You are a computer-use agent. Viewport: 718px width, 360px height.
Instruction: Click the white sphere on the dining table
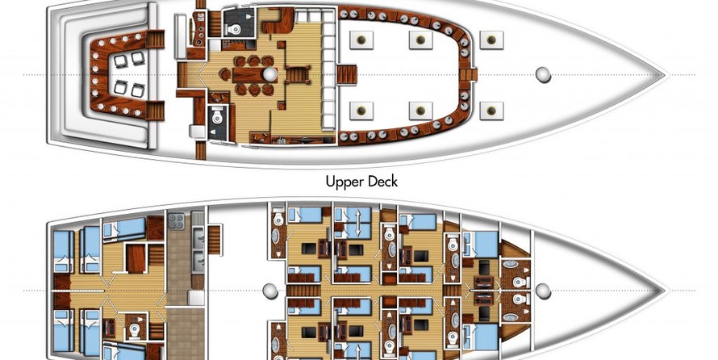[269, 74]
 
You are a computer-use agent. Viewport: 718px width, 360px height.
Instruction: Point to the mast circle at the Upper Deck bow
[543, 74]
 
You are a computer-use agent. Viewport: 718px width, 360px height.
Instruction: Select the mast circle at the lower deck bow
[543, 291]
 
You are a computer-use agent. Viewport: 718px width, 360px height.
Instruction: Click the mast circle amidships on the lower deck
[269, 291]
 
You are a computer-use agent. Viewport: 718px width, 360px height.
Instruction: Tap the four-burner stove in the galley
[177, 221]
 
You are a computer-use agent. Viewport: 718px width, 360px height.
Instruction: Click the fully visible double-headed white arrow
[358, 222]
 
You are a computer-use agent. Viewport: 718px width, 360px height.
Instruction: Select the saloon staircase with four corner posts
[298, 74]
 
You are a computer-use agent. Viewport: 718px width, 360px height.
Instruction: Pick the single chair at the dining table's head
[225, 74]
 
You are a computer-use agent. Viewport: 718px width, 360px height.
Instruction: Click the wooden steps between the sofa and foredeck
[347, 74]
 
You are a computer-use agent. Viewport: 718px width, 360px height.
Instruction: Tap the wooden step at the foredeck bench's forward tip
[469, 74]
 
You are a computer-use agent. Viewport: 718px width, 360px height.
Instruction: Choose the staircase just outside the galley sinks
[215, 240]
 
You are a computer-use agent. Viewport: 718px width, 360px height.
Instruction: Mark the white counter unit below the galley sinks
[197, 298]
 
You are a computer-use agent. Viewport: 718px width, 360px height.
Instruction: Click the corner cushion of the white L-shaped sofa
[328, 18]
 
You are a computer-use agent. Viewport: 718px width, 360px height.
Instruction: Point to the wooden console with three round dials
[199, 29]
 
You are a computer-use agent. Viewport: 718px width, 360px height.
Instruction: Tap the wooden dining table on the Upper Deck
[251, 74]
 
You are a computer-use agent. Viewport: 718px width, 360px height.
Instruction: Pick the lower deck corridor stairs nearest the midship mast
[298, 291]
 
